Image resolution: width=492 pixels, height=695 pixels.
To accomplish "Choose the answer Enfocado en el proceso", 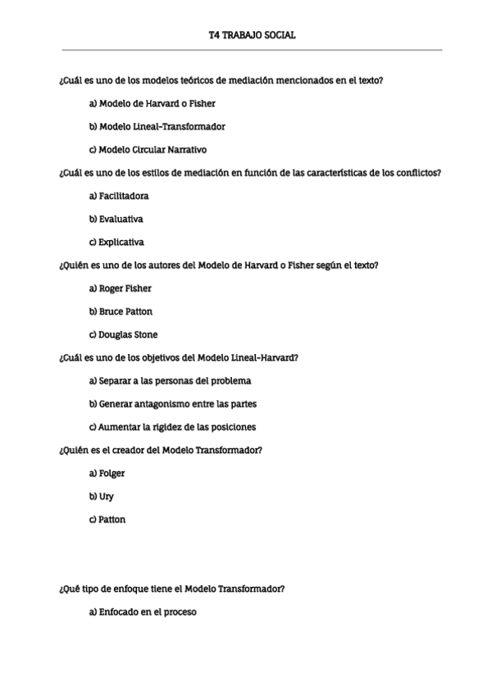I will pyautogui.click(x=142, y=612).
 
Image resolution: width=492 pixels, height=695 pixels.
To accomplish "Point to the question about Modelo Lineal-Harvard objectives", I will pyautogui.click(x=178, y=357).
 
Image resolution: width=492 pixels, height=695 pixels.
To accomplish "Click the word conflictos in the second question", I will pyautogui.click(x=417, y=173).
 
